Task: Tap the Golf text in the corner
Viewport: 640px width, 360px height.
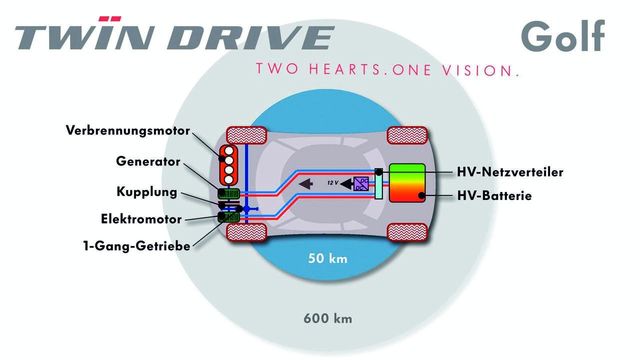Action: coord(563,36)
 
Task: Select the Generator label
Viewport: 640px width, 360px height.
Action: coord(146,162)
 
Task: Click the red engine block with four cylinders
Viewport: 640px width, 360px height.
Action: coord(229,162)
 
